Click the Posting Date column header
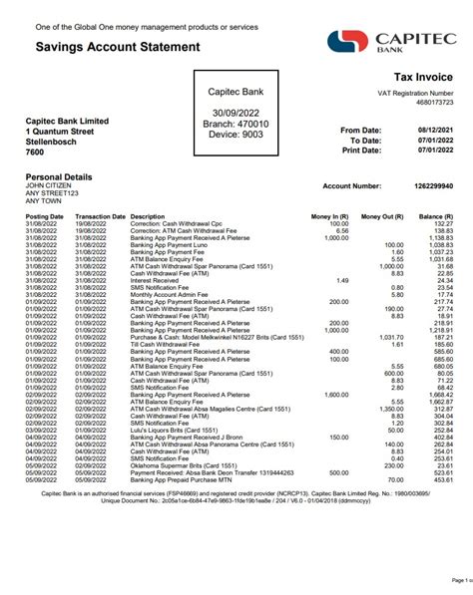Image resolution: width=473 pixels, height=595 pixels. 45,216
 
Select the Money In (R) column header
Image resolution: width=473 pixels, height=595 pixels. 329,216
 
